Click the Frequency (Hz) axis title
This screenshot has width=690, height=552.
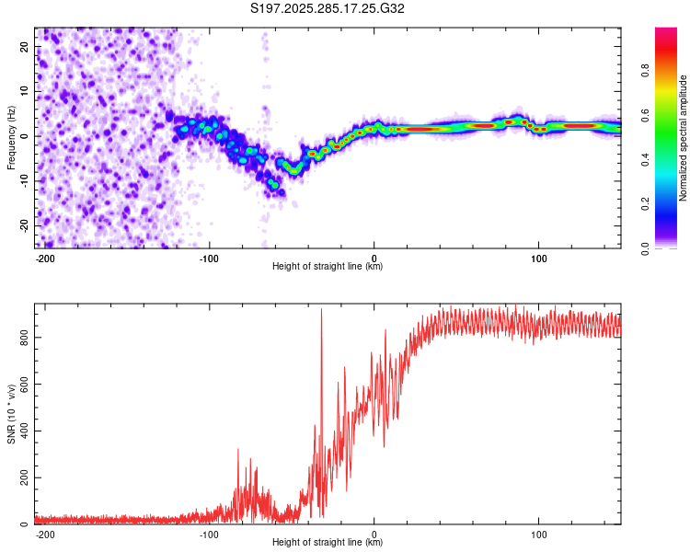11,137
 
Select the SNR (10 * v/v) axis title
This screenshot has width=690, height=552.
11,415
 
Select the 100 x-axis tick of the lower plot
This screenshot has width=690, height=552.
540,535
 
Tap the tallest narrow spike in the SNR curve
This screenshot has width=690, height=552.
321,311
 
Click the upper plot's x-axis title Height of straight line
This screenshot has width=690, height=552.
328,267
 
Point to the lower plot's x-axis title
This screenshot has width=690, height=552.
328,543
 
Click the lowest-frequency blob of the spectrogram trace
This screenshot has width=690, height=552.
273,185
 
